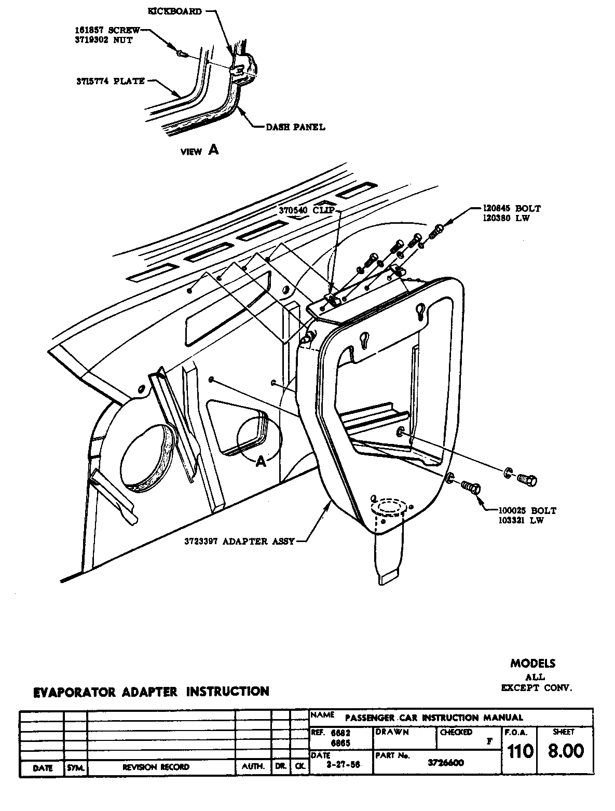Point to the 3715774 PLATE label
pyautogui.click(x=108, y=81)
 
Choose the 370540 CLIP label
pyautogui.click(x=306, y=210)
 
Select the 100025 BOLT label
pyautogui.click(x=527, y=510)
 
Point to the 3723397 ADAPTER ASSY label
pyautogui.click(x=239, y=541)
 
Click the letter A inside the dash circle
pyautogui.click(x=261, y=461)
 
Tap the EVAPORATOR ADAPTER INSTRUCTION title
pyautogui.click(x=151, y=692)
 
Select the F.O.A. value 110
pyautogui.click(x=520, y=751)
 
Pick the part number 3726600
pyautogui.click(x=445, y=762)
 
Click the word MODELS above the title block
pyautogui.click(x=532, y=663)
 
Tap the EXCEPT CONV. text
pyautogui.click(x=536, y=688)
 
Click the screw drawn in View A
pyautogui.click(x=181, y=52)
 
